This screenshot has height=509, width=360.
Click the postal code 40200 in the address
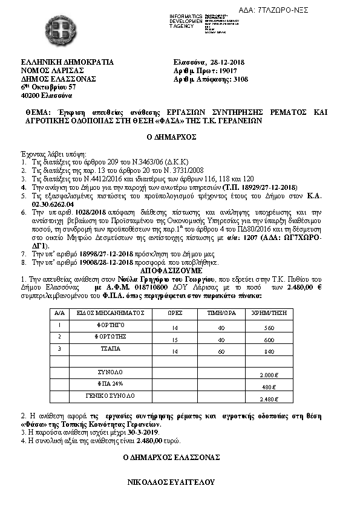pos(32,96)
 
